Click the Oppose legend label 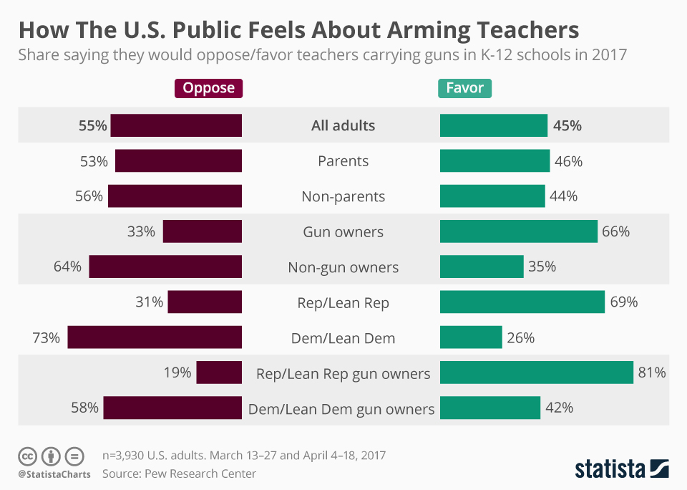[x=208, y=88]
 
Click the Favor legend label [x=464, y=88]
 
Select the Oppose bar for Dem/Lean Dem [x=155, y=337]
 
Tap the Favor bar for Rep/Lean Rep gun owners [x=536, y=373]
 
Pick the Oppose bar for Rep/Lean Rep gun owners [x=219, y=373]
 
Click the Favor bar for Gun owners [x=518, y=231]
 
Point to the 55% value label [x=92, y=125]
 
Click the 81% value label [x=652, y=373]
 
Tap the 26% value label [x=520, y=337]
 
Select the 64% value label [x=67, y=267]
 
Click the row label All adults [x=343, y=125]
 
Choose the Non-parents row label [x=343, y=196]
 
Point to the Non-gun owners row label [x=343, y=267]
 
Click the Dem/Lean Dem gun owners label [x=341, y=409]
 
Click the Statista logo [x=622, y=469]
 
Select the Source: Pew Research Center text [x=179, y=473]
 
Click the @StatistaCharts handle [x=54, y=474]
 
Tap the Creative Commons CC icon [x=27, y=456]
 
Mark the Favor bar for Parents [x=494, y=161]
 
